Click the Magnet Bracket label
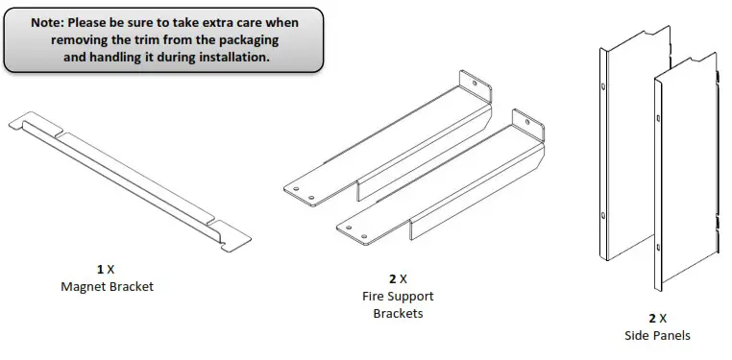pyautogui.click(x=107, y=286)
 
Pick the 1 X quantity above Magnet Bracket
pyautogui.click(x=106, y=270)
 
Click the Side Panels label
pyautogui.click(x=657, y=335)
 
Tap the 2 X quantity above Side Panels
pyautogui.click(x=657, y=318)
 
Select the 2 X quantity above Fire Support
pyautogui.click(x=397, y=279)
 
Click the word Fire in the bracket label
pyautogui.click(x=373, y=297)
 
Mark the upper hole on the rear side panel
pyautogui.click(x=603, y=85)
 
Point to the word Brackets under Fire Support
pyautogui.click(x=397, y=314)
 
